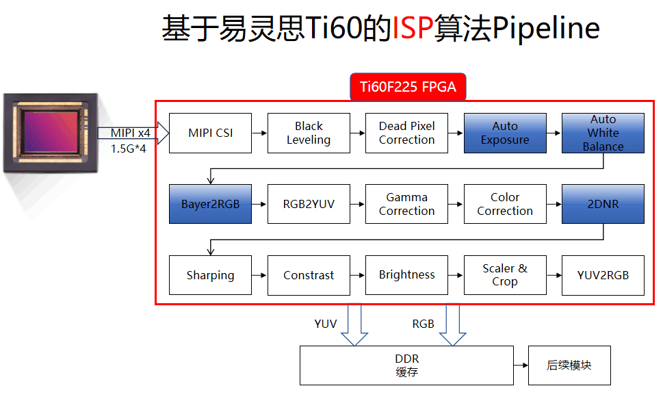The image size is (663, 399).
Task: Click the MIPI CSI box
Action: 210,133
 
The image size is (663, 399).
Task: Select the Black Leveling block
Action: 309,133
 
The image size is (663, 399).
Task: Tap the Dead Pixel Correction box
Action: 406,133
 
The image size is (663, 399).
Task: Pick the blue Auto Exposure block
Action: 505,133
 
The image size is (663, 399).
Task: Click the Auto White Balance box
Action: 603,133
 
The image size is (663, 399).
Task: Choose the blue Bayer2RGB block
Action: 210,204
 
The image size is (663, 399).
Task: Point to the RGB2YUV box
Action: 309,204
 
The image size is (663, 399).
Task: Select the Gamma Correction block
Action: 406,204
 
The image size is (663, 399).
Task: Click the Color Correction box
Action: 505,204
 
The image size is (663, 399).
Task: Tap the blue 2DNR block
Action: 603,204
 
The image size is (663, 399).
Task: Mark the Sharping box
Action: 210,275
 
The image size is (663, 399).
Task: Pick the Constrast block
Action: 309,275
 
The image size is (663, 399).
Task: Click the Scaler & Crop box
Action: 505,275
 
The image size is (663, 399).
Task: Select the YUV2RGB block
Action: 603,275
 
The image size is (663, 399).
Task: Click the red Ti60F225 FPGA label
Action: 408,87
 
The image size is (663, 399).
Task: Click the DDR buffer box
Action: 406,365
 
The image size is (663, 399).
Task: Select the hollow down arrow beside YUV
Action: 354,324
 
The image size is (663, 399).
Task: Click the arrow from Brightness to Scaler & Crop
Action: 456,275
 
